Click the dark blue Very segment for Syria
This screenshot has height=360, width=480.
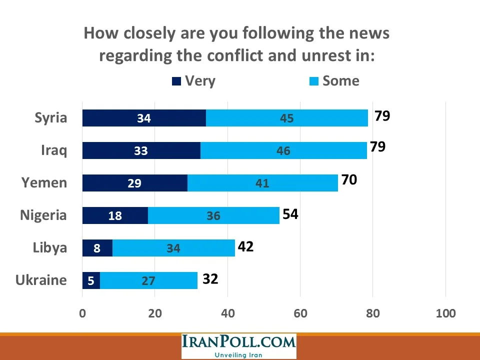click(x=144, y=118)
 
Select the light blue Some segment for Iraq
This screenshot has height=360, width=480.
click(x=283, y=150)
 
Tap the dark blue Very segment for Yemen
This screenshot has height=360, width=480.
click(x=134, y=183)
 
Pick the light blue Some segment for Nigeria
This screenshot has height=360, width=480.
click(x=213, y=215)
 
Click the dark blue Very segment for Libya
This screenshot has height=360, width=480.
click(x=97, y=248)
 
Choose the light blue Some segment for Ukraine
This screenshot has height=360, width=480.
click(x=148, y=280)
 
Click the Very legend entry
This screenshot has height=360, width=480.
click(x=193, y=81)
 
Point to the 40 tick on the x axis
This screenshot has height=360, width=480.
click(x=227, y=313)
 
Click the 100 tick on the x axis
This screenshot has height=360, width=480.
click(x=445, y=313)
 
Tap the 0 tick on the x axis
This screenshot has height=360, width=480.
click(x=82, y=313)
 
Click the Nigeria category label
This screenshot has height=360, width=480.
click(x=43, y=215)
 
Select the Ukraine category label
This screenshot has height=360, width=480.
click(x=41, y=280)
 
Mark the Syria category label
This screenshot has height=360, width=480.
click(x=50, y=118)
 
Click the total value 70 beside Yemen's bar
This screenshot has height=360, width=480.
click(x=348, y=180)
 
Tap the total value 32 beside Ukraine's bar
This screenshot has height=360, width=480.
click(x=210, y=278)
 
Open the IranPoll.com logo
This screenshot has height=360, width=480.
click(x=238, y=342)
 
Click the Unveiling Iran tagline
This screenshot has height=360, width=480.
click(x=238, y=354)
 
